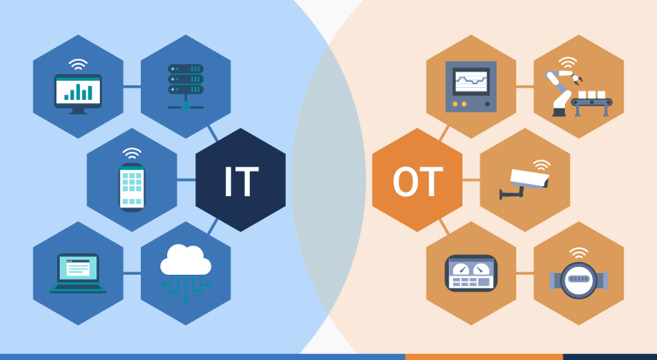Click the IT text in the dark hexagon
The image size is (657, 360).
click(x=241, y=181)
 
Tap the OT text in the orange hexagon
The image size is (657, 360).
click(x=417, y=181)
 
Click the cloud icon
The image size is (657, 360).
click(x=185, y=261)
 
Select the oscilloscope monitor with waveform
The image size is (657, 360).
click(x=471, y=86)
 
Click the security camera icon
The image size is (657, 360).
click(x=527, y=182)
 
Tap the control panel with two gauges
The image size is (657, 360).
click(x=471, y=273)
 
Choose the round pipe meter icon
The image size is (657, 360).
click(x=579, y=279)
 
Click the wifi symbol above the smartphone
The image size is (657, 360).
click(x=131, y=154)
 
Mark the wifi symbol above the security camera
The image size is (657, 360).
click(x=541, y=163)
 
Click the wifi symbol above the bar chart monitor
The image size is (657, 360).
click(x=78, y=63)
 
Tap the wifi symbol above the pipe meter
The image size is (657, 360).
click(x=579, y=253)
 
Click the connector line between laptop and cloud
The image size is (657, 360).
click(x=131, y=274)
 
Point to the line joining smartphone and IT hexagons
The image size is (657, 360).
click(x=185, y=180)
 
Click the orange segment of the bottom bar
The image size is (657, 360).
click(x=483, y=357)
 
